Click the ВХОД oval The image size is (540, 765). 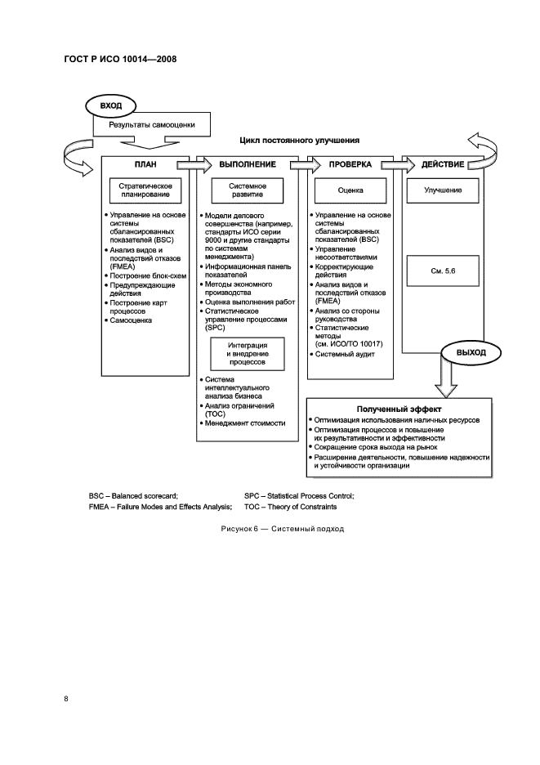click(109, 106)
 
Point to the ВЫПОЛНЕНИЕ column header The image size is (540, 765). click(248, 164)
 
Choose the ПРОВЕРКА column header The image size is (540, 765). click(350, 164)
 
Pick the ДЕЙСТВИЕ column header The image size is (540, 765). click(443, 164)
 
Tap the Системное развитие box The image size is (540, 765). click(248, 191)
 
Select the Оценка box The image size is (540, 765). click(350, 191)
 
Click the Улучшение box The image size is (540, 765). click(443, 190)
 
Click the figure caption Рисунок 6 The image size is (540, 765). click(282, 529)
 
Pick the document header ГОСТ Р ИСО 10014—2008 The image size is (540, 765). click(119, 59)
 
